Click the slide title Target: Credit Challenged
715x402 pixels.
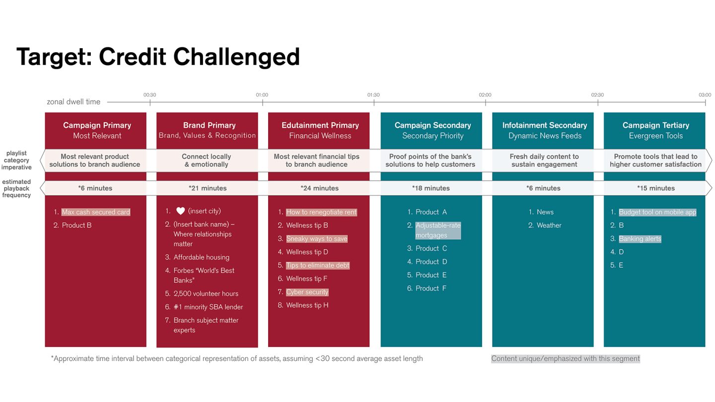(158, 57)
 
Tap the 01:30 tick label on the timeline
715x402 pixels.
(373, 95)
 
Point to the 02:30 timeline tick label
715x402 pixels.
(597, 95)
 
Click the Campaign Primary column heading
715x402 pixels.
(97, 125)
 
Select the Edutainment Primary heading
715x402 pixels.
(320, 125)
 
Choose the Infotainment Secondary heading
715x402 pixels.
(544, 125)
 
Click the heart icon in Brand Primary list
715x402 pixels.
(180, 211)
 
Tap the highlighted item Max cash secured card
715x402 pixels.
(96, 212)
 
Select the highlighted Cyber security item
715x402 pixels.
(307, 292)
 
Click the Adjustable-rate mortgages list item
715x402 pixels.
(437, 230)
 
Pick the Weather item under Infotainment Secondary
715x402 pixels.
(549, 225)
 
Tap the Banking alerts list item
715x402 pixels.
(640, 239)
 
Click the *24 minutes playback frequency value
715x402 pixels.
(319, 188)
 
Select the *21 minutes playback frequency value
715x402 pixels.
(208, 188)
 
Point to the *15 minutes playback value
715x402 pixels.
(655, 188)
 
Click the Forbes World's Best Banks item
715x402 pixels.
(204, 275)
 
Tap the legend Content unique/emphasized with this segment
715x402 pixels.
(565, 358)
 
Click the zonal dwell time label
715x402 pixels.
(73, 102)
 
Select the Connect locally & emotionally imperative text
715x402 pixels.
(206, 160)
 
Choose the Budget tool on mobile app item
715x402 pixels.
(657, 212)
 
